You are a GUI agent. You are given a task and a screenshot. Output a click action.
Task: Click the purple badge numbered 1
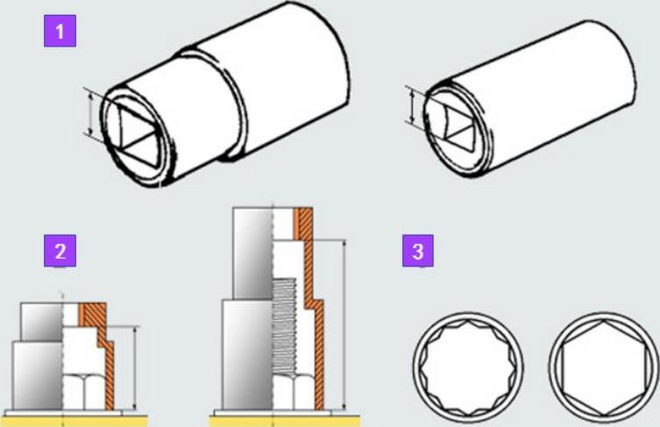tap(60, 31)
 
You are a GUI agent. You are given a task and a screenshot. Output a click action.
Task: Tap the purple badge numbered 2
tap(60, 251)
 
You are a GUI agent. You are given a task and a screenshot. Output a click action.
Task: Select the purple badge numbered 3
tap(417, 251)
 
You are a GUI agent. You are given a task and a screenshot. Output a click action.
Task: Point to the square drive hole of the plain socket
tap(455, 126)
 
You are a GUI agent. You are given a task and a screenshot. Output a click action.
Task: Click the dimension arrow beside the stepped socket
tap(90, 113)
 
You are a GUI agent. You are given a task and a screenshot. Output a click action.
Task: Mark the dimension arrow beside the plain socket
tap(412, 106)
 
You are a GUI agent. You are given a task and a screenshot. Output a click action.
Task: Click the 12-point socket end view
tap(468, 367)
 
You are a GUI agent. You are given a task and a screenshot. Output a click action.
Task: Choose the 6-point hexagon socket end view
tap(604, 367)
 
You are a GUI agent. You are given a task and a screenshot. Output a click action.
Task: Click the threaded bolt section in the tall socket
tap(284, 327)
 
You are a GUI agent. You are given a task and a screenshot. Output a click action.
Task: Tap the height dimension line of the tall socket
tap(344, 324)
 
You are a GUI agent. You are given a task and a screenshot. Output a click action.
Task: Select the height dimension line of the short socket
tap(135, 367)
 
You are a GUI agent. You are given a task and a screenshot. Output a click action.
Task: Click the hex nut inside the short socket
tap(83, 392)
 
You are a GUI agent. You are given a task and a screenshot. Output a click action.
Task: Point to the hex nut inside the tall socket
tap(294, 393)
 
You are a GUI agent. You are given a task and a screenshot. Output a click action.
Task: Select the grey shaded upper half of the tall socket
tap(252, 253)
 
